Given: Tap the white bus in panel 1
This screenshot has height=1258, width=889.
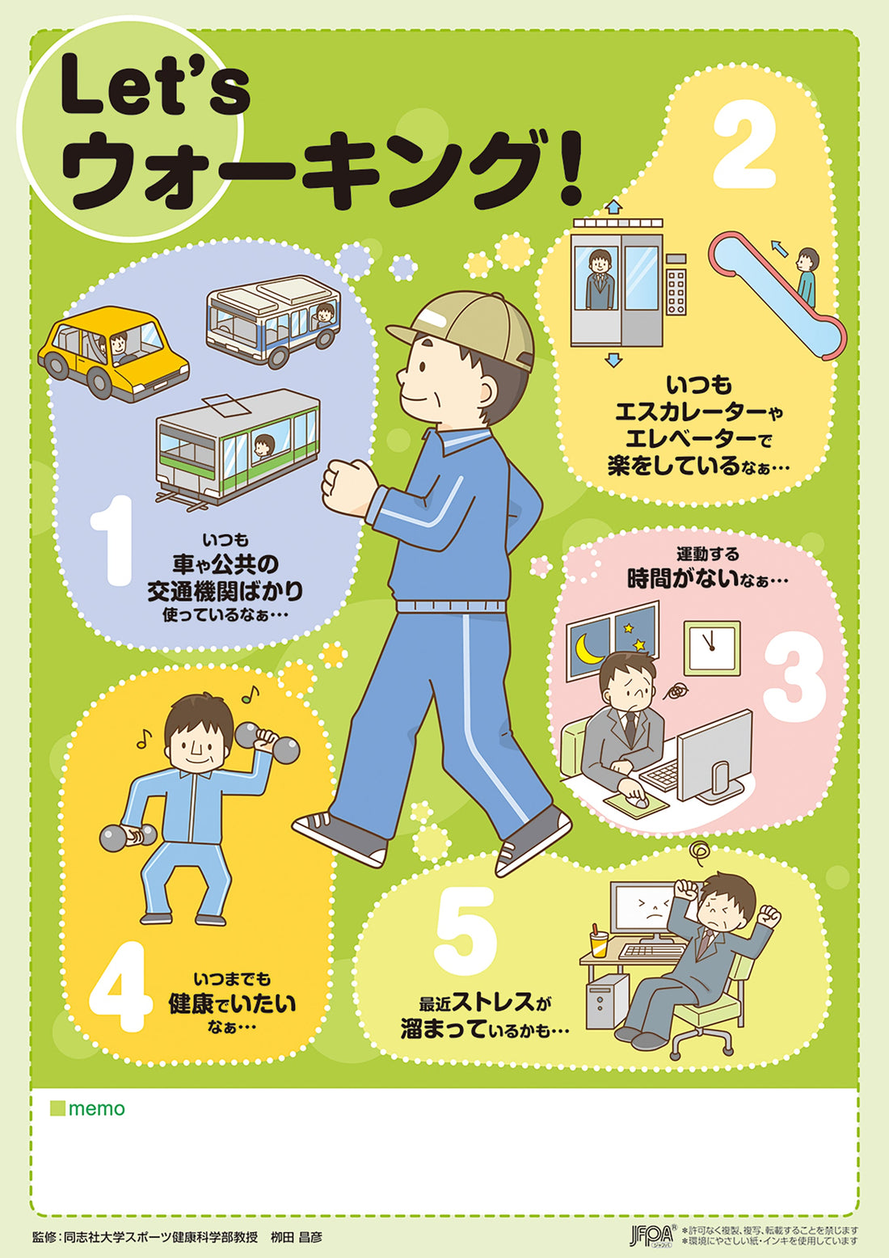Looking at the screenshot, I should tap(272, 319).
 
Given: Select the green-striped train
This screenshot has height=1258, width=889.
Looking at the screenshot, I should tap(237, 444).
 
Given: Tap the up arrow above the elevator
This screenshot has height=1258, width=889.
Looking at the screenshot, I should tap(613, 207).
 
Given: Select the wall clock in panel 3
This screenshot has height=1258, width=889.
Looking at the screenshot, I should tap(711, 648).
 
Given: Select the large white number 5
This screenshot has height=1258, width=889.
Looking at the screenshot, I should tap(466, 931).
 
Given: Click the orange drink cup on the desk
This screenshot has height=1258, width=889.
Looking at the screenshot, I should tap(598, 941).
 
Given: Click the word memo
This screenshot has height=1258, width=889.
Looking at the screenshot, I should tap(96, 1108).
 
